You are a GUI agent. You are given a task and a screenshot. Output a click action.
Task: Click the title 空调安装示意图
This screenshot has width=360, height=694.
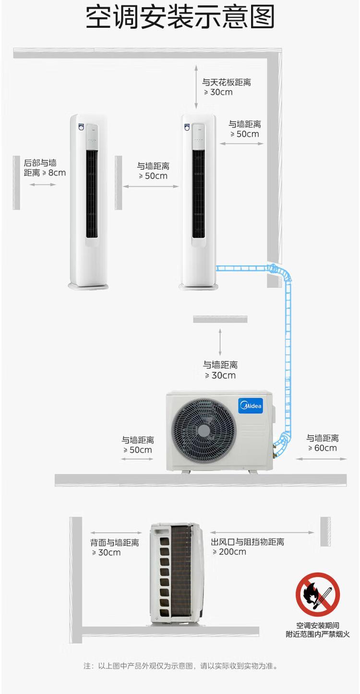coord(180,17)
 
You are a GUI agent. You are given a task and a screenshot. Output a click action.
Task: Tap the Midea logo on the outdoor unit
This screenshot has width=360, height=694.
coord(251,406)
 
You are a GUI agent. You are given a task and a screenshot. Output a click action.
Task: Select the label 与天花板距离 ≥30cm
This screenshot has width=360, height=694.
coord(226,87)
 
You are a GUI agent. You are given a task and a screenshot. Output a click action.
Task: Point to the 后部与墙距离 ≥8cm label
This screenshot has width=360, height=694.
coord(45,168)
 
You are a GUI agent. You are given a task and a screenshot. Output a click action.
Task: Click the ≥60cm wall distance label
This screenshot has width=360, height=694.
coord(323,443)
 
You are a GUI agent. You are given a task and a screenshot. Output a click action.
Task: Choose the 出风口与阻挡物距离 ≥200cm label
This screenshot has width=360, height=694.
coord(247,547)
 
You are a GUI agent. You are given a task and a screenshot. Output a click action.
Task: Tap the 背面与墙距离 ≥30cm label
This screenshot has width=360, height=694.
coord(115,548)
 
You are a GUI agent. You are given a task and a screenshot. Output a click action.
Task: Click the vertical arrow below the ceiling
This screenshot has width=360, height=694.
coord(196,87)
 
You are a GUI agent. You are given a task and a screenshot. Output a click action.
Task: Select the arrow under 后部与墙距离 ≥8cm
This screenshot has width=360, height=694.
coord(43,185)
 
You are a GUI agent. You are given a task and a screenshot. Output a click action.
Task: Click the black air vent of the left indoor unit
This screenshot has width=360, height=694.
coord(92,194)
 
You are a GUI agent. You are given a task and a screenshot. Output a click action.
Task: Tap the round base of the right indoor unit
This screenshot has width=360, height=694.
coord(199,287)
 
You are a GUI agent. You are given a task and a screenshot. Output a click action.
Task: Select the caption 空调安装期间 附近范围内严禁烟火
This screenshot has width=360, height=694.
coord(318,630)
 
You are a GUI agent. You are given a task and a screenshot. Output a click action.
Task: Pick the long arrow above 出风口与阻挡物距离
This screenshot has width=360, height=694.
coord(262,532)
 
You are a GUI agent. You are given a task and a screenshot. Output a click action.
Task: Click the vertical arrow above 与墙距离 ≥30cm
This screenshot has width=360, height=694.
coord(220,342)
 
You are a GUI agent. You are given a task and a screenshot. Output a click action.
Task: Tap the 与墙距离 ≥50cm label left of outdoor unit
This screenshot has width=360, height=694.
coord(138,444)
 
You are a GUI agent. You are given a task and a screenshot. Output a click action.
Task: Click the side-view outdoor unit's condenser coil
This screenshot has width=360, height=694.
coord(181,573)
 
